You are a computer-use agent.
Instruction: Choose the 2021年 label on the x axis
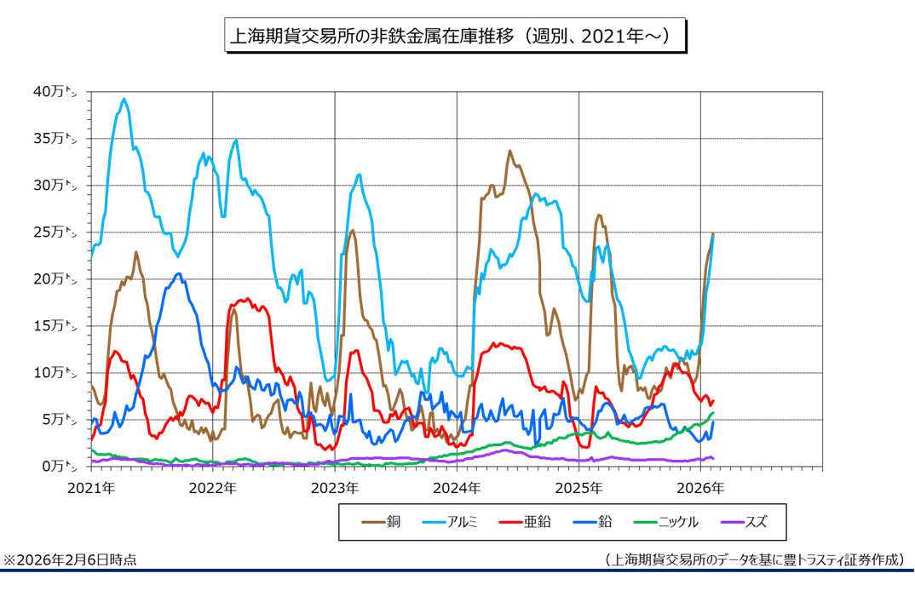(x=90, y=489)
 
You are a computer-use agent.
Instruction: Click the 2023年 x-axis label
(x=335, y=489)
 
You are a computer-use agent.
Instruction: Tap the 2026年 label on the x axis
(x=700, y=489)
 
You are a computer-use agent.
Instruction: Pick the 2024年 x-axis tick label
(x=457, y=489)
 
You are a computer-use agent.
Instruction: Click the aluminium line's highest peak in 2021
(x=124, y=99)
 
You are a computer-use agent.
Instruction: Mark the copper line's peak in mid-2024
(x=509, y=152)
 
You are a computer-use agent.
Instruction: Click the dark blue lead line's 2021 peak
(x=177, y=273)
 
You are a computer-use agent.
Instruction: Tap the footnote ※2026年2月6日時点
(x=70, y=560)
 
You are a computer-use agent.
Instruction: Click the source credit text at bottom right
(x=754, y=560)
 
